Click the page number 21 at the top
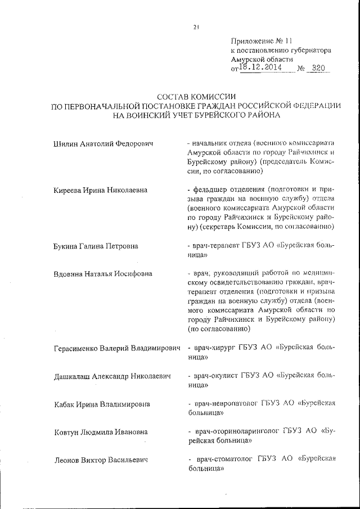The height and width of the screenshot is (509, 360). [196, 26]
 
